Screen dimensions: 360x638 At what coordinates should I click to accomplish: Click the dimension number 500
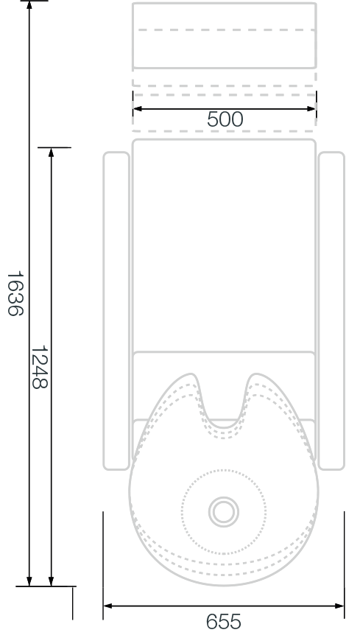(225, 119)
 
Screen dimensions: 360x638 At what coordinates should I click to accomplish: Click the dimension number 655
(223, 622)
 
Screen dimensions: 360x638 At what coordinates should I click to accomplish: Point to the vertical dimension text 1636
(15, 294)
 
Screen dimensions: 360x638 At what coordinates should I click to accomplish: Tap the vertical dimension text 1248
(40, 368)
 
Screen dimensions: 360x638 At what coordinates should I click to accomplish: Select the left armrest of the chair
(116, 311)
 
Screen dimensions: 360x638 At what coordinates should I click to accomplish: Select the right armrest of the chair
(331, 311)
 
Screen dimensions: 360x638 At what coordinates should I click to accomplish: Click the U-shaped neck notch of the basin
(223, 427)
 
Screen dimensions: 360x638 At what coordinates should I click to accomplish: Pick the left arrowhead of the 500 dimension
(138, 108)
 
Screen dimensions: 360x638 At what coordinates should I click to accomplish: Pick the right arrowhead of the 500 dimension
(311, 108)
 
